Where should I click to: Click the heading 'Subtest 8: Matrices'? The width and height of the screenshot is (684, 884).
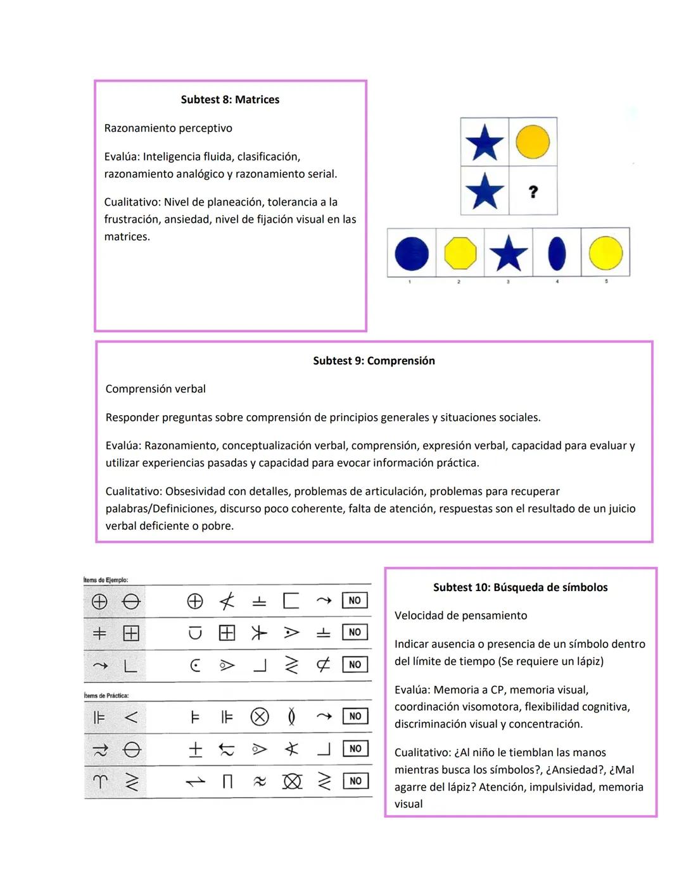230,99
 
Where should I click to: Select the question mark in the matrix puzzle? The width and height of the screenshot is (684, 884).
533,191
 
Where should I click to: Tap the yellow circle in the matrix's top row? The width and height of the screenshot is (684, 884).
533,141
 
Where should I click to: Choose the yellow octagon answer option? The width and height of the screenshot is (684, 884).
460,253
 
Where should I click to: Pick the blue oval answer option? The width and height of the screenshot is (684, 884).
557,253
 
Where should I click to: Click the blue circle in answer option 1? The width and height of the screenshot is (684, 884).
412,253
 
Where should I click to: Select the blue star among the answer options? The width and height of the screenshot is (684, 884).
509,253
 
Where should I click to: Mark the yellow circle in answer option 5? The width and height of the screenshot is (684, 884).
605,253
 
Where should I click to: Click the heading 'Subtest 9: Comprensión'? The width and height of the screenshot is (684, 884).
374,361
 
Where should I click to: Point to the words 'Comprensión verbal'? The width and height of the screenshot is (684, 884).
155,389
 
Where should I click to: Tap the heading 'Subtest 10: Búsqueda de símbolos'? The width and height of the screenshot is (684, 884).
520,587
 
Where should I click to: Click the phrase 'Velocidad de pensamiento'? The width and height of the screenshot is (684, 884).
460,616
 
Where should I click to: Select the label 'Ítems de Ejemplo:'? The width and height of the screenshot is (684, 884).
106,580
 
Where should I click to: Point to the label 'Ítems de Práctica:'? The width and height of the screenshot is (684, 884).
106,695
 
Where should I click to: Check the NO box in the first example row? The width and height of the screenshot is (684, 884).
355,601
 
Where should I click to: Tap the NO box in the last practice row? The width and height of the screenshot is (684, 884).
355,781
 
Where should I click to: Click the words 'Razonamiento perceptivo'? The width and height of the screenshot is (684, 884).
168,128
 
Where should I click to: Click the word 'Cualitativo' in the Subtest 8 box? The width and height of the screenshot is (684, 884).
131,202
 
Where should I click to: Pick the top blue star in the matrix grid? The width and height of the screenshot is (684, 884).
484,142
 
